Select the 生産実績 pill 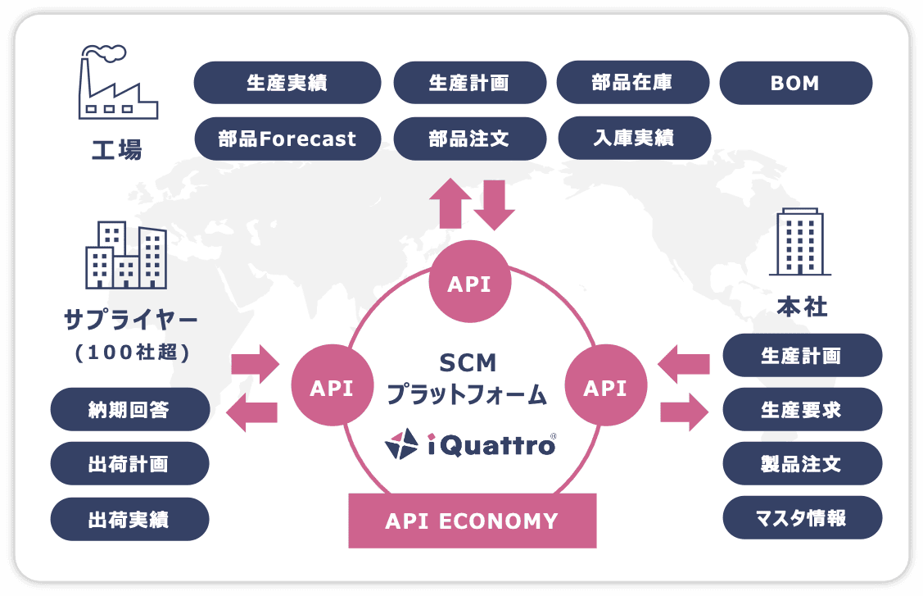pos(287,83)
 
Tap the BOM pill pos(795,83)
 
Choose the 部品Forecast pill pos(287,139)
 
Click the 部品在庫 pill pos(632,83)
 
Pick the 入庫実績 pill pos(634,139)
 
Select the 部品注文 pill pos(469,139)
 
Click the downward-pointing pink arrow pos(494,204)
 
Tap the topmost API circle pos(470,284)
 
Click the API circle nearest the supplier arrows pos(332,387)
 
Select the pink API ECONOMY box pos(473,521)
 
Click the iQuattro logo pos(470,444)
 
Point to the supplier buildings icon pos(126,255)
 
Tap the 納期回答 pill pos(129,409)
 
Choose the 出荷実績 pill pos(129,519)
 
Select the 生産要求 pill pos(802,409)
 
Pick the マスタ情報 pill pos(802,517)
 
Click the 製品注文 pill pos(802,463)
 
